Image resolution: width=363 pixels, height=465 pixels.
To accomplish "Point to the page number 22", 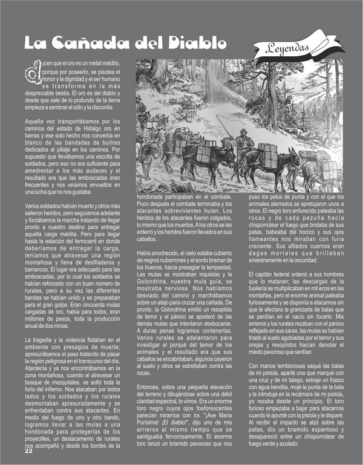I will point(28,450).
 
